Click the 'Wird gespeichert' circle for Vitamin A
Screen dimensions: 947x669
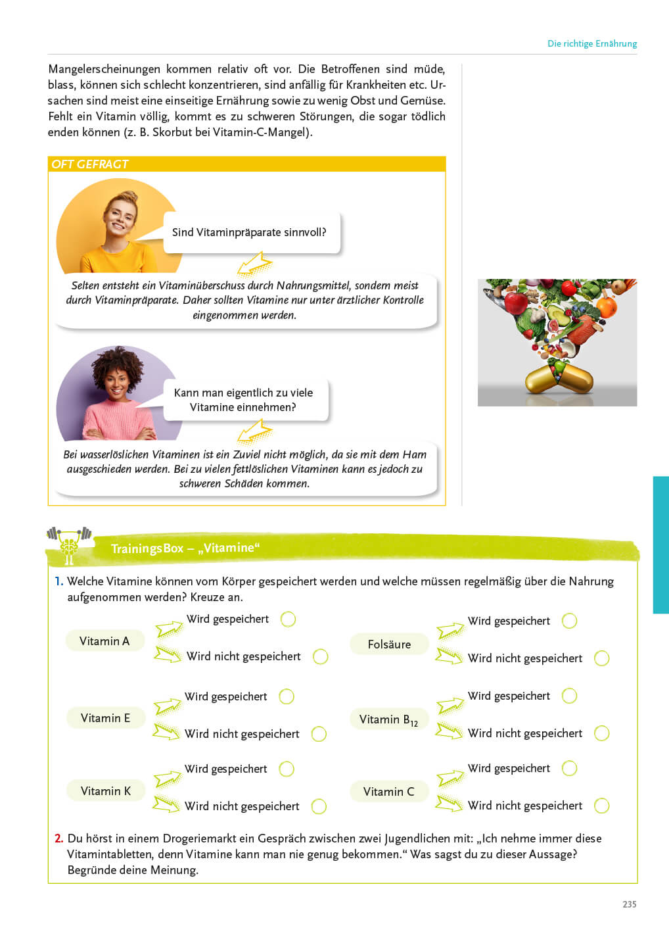(288, 619)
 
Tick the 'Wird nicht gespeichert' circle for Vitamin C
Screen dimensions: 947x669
(601, 806)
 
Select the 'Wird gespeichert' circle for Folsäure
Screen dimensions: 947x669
(570, 621)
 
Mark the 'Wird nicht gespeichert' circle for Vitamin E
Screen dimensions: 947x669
(319, 734)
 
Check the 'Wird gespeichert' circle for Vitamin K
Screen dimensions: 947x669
(287, 769)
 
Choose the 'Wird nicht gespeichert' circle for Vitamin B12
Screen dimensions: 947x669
(601, 733)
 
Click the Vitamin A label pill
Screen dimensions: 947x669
(104, 641)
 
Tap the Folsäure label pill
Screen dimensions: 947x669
(389, 644)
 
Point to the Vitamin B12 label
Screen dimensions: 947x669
(388, 719)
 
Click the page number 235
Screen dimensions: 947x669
(629, 904)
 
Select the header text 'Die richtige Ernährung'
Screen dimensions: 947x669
(592, 43)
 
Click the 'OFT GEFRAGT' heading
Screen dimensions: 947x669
(90, 164)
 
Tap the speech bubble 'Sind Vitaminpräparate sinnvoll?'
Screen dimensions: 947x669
(250, 232)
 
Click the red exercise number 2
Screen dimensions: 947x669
(58, 838)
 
